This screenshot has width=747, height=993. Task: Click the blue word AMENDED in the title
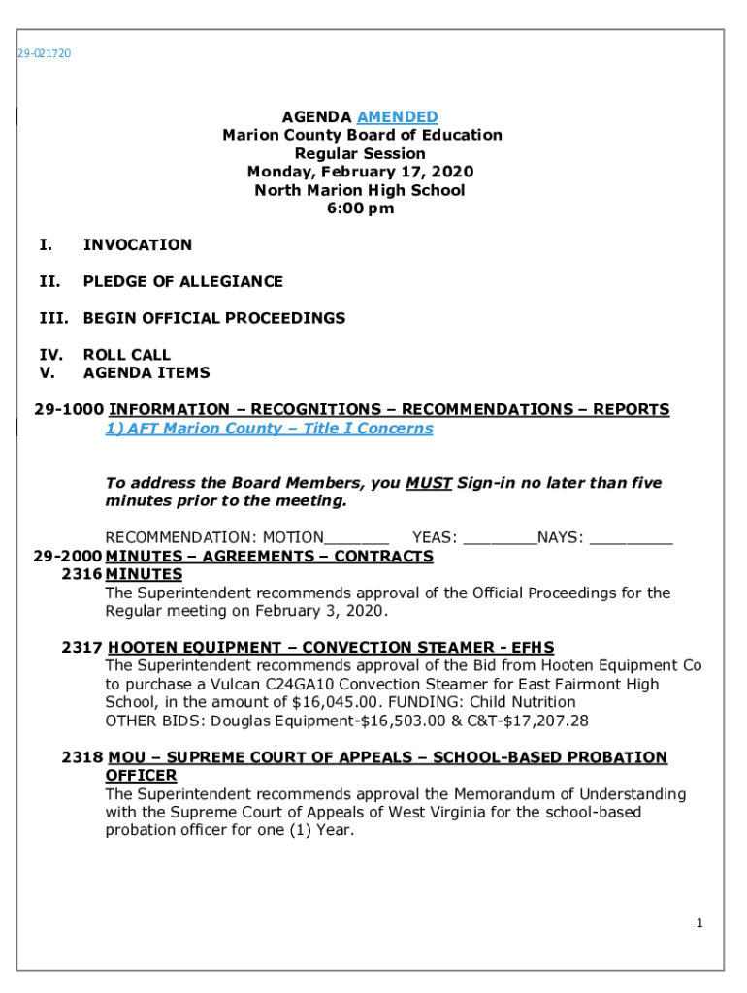[x=397, y=117]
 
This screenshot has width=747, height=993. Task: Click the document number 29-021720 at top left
[x=44, y=53]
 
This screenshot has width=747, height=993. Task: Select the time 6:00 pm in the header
[x=360, y=208]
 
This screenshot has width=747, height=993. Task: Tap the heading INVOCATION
[x=138, y=245]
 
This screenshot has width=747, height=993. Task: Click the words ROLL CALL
[x=127, y=355]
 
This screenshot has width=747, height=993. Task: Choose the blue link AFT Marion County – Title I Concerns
[x=269, y=429]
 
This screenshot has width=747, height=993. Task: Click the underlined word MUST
[x=429, y=483]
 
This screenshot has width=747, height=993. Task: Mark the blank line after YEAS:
[x=500, y=537]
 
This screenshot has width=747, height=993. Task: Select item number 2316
[x=80, y=575]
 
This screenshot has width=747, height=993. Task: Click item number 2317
[x=80, y=648]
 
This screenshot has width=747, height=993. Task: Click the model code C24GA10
[x=289, y=685]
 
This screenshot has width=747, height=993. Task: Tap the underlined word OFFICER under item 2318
[x=141, y=776]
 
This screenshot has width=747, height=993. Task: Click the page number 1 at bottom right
[x=698, y=923]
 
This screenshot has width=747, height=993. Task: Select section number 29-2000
[x=68, y=557]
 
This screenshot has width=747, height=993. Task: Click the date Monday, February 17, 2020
[x=360, y=172]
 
